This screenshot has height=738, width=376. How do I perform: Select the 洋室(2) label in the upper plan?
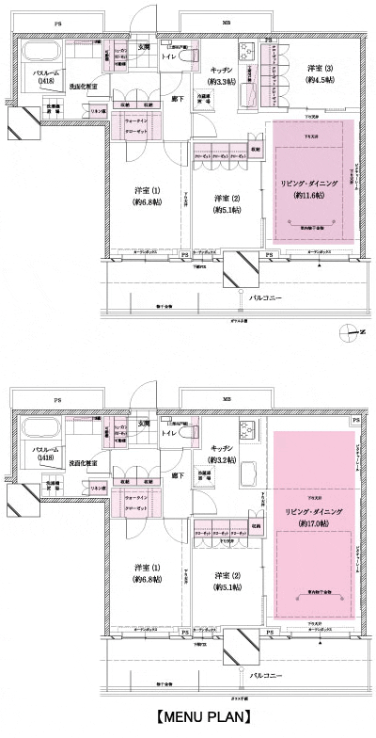coord(222,199)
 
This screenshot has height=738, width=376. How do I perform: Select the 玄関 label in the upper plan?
coord(146,47)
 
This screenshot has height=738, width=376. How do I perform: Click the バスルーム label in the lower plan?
coord(45,451)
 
